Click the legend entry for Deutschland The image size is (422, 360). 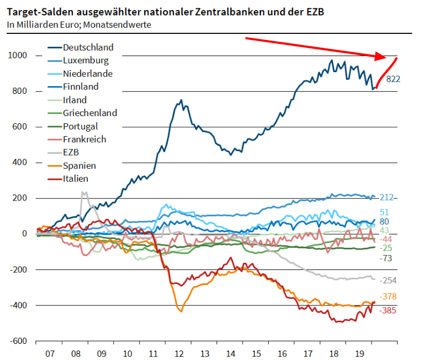tap(88, 47)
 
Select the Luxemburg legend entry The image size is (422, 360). tap(86, 61)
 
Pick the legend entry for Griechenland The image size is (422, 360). tap(89, 113)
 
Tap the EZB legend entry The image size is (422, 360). tap(72, 152)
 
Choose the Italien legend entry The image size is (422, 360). tap(76, 178)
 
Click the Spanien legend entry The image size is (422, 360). tap(79, 166)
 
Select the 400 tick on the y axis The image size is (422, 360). tap(21, 163)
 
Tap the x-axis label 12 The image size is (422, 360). tap(179, 353)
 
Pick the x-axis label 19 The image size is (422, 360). tap(360, 353)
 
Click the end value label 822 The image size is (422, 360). tap(393, 78)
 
